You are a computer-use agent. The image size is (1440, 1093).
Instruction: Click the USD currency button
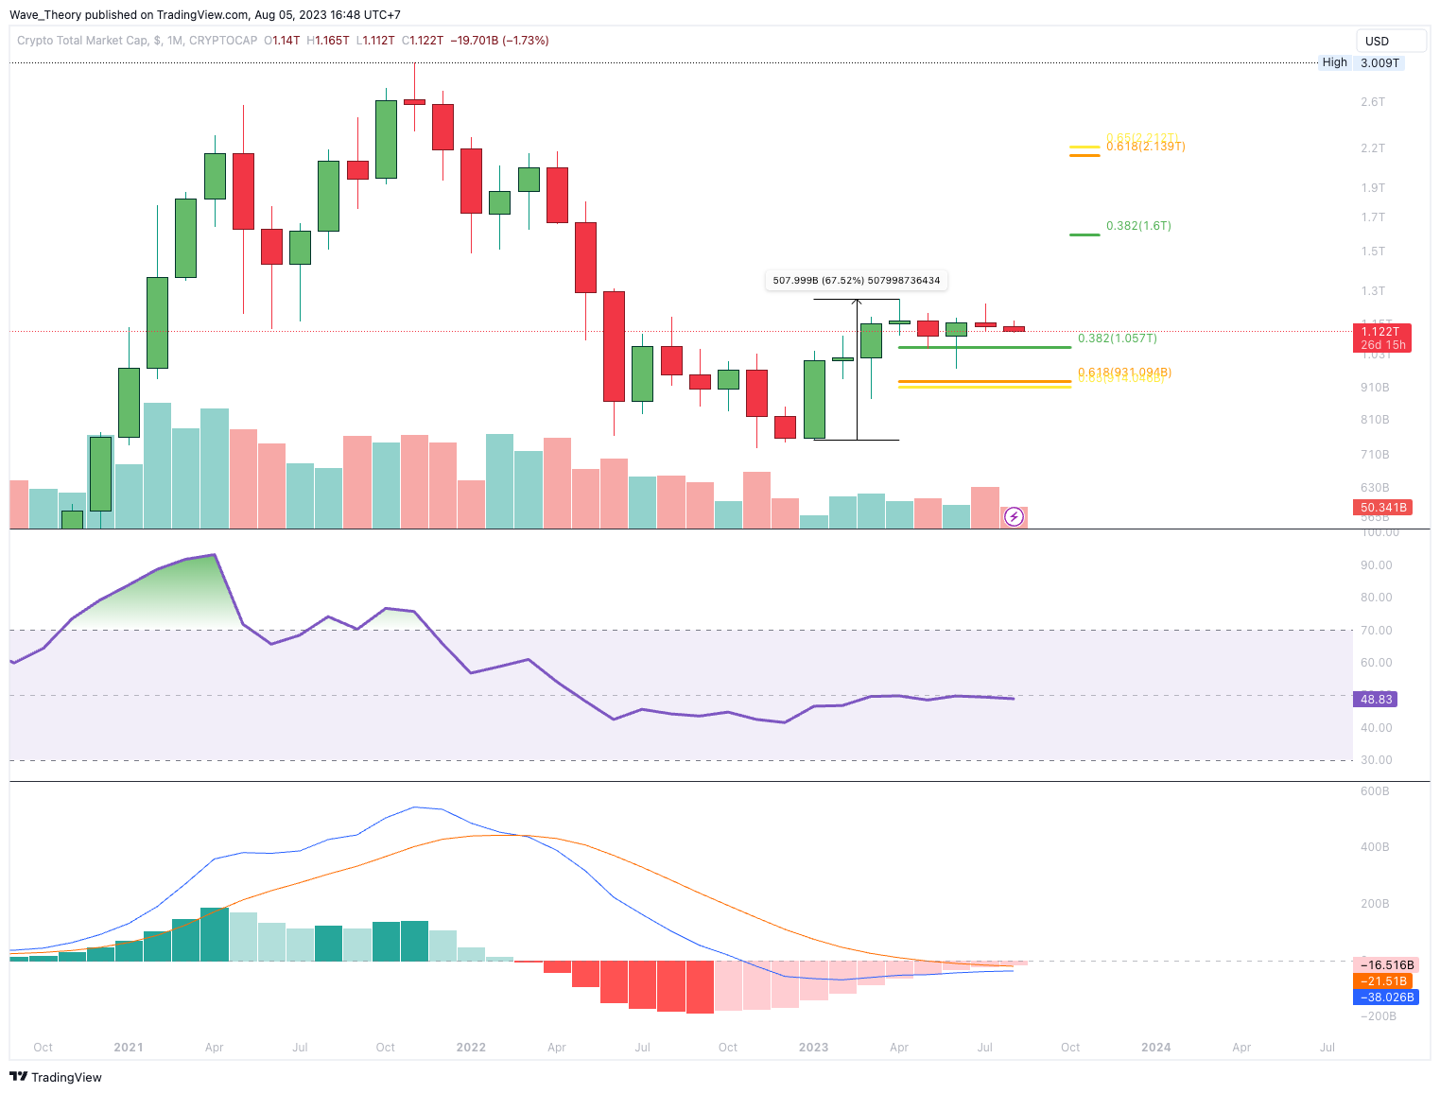click(x=1390, y=41)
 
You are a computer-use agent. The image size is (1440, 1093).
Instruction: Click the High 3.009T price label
click(x=1361, y=62)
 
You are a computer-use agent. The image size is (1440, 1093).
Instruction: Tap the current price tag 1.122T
click(x=1381, y=332)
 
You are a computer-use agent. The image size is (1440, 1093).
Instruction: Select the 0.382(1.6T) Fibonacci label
click(x=1138, y=226)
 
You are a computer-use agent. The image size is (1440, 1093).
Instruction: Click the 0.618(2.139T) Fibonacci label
click(x=1145, y=147)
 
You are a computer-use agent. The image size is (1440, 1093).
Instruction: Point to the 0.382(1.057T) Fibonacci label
click(x=1117, y=338)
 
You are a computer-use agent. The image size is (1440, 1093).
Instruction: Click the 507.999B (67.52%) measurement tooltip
click(x=857, y=280)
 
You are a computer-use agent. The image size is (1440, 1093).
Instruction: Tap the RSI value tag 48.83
click(x=1376, y=700)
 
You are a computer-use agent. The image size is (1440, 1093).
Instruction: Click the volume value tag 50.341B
click(x=1383, y=508)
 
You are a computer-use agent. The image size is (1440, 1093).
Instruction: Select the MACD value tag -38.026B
click(x=1386, y=998)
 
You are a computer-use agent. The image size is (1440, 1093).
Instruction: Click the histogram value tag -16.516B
click(x=1385, y=965)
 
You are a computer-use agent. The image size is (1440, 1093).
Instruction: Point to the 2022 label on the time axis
click(x=471, y=1048)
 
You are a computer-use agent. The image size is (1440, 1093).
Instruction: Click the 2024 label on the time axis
click(x=1155, y=1048)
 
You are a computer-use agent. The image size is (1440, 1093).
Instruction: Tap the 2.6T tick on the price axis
click(x=1372, y=102)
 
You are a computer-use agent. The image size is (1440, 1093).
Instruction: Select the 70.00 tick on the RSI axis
click(x=1376, y=631)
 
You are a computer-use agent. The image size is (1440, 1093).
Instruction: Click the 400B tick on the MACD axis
click(x=1375, y=847)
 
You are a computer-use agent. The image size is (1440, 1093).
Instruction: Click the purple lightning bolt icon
click(x=1014, y=516)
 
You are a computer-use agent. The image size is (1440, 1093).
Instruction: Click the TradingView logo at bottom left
click(x=56, y=1077)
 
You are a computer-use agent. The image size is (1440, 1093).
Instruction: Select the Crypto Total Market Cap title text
click(x=82, y=41)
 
